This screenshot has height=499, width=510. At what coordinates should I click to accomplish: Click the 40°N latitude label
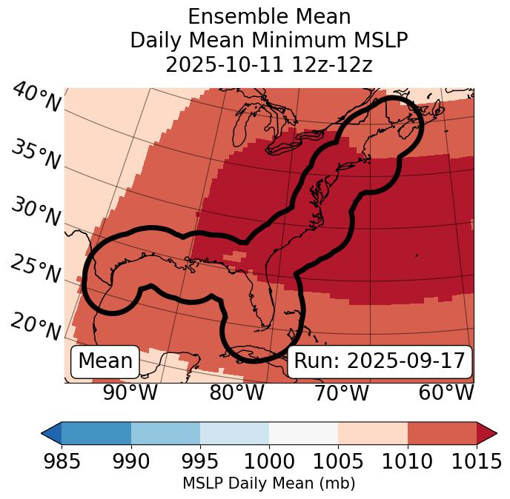pyautogui.click(x=36, y=98)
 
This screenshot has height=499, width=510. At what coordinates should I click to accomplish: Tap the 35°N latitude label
pyautogui.click(x=35, y=155)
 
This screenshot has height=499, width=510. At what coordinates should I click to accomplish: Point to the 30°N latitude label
pyautogui.click(x=35, y=212)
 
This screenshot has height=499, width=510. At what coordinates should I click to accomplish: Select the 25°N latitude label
pyautogui.click(x=35, y=269)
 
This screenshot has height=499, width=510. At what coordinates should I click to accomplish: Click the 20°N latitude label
pyautogui.click(x=35, y=326)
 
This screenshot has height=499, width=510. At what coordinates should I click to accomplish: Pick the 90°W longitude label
pyautogui.click(x=130, y=393)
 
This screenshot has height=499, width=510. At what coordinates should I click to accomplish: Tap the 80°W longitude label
pyautogui.click(x=237, y=393)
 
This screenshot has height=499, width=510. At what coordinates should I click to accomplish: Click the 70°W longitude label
pyautogui.click(x=342, y=393)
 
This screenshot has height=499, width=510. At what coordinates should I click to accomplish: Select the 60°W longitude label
pyautogui.click(x=446, y=393)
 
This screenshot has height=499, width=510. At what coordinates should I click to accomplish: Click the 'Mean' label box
pyautogui.click(x=105, y=361)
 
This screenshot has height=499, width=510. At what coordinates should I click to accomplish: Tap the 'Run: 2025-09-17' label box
pyautogui.click(x=380, y=361)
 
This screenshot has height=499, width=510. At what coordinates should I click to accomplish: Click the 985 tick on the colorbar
pyautogui.click(x=62, y=461)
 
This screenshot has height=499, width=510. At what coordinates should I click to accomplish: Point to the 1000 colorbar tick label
pyautogui.click(x=269, y=461)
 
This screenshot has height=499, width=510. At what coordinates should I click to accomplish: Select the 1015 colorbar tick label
pyautogui.click(x=477, y=461)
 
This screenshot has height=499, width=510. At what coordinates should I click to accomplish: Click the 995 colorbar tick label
pyautogui.click(x=200, y=461)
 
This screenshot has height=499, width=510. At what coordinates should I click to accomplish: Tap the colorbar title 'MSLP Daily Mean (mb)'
pyautogui.click(x=268, y=483)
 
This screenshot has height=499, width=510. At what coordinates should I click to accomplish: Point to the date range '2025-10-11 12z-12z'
pyautogui.click(x=268, y=64)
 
